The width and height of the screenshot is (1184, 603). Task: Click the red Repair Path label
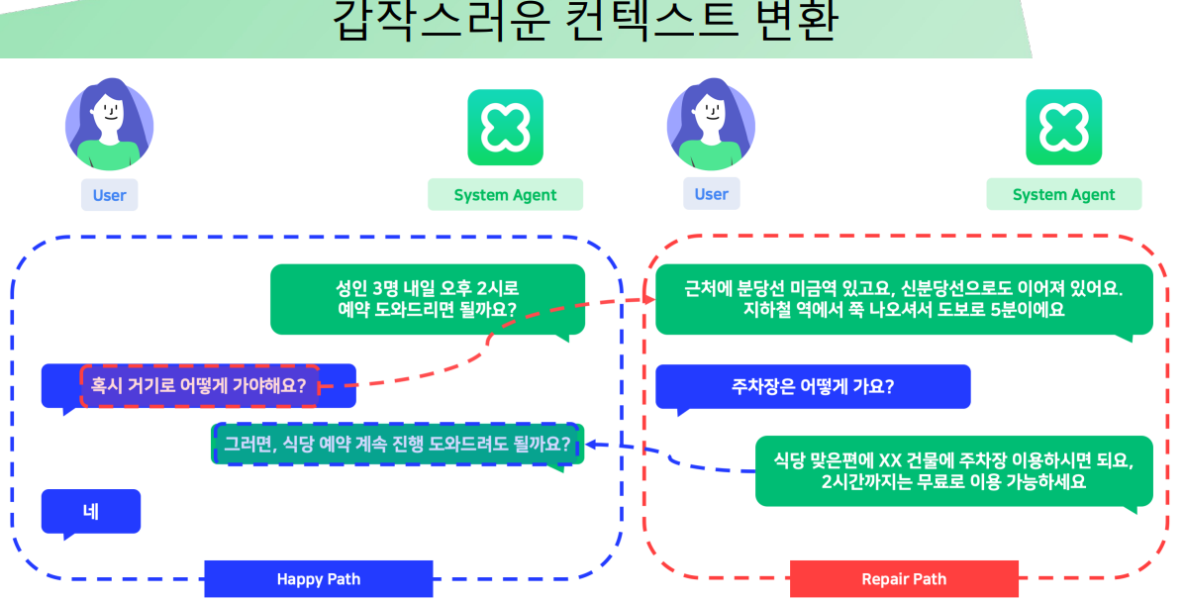(904, 579)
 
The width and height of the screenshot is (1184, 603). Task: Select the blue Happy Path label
(318, 579)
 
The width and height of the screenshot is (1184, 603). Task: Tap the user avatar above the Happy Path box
(109, 124)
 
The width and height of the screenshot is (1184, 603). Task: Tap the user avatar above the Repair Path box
(711, 124)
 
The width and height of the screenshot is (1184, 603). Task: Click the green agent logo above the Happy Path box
(505, 127)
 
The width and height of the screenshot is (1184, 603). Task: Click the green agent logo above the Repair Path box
(1063, 127)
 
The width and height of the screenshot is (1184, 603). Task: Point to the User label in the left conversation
(109, 195)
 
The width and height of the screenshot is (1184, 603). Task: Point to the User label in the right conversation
(711, 194)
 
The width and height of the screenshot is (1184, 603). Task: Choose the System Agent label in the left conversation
(505, 195)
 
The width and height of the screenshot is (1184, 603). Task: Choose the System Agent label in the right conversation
(1063, 195)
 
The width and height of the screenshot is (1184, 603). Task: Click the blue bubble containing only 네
(91, 512)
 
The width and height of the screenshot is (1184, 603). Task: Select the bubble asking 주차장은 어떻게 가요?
(812, 386)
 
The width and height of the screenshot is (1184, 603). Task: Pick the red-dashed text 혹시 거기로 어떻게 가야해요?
(199, 385)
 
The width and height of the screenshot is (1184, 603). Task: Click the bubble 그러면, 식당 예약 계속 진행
(397, 444)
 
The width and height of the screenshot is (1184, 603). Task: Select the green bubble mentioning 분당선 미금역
(903, 298)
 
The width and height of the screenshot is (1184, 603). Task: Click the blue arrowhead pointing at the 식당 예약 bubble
(594, 445)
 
